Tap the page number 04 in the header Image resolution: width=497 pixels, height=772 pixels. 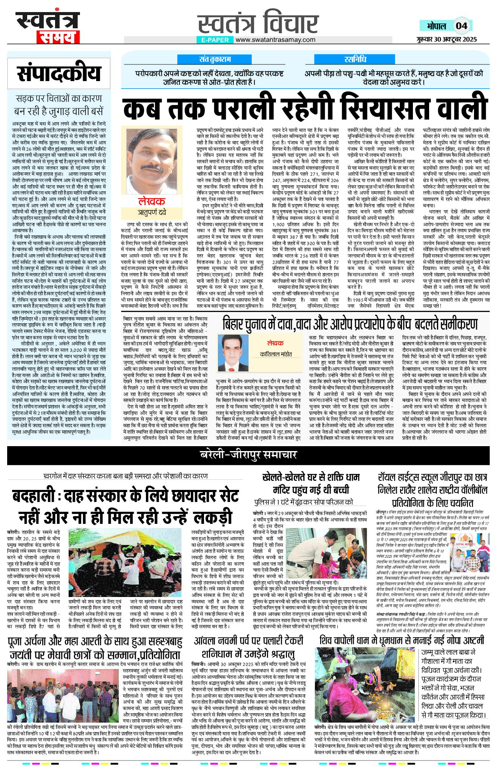461,26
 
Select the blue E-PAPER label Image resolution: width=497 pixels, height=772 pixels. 215,40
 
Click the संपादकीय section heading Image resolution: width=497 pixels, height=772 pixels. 59,74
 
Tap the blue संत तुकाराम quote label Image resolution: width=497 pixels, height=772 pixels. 215,59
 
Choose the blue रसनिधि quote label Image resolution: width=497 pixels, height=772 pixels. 355,59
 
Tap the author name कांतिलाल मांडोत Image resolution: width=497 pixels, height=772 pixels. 276,354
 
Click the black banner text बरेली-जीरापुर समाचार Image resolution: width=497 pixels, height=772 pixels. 248,455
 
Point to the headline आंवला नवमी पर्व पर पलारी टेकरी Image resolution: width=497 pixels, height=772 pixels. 249,641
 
